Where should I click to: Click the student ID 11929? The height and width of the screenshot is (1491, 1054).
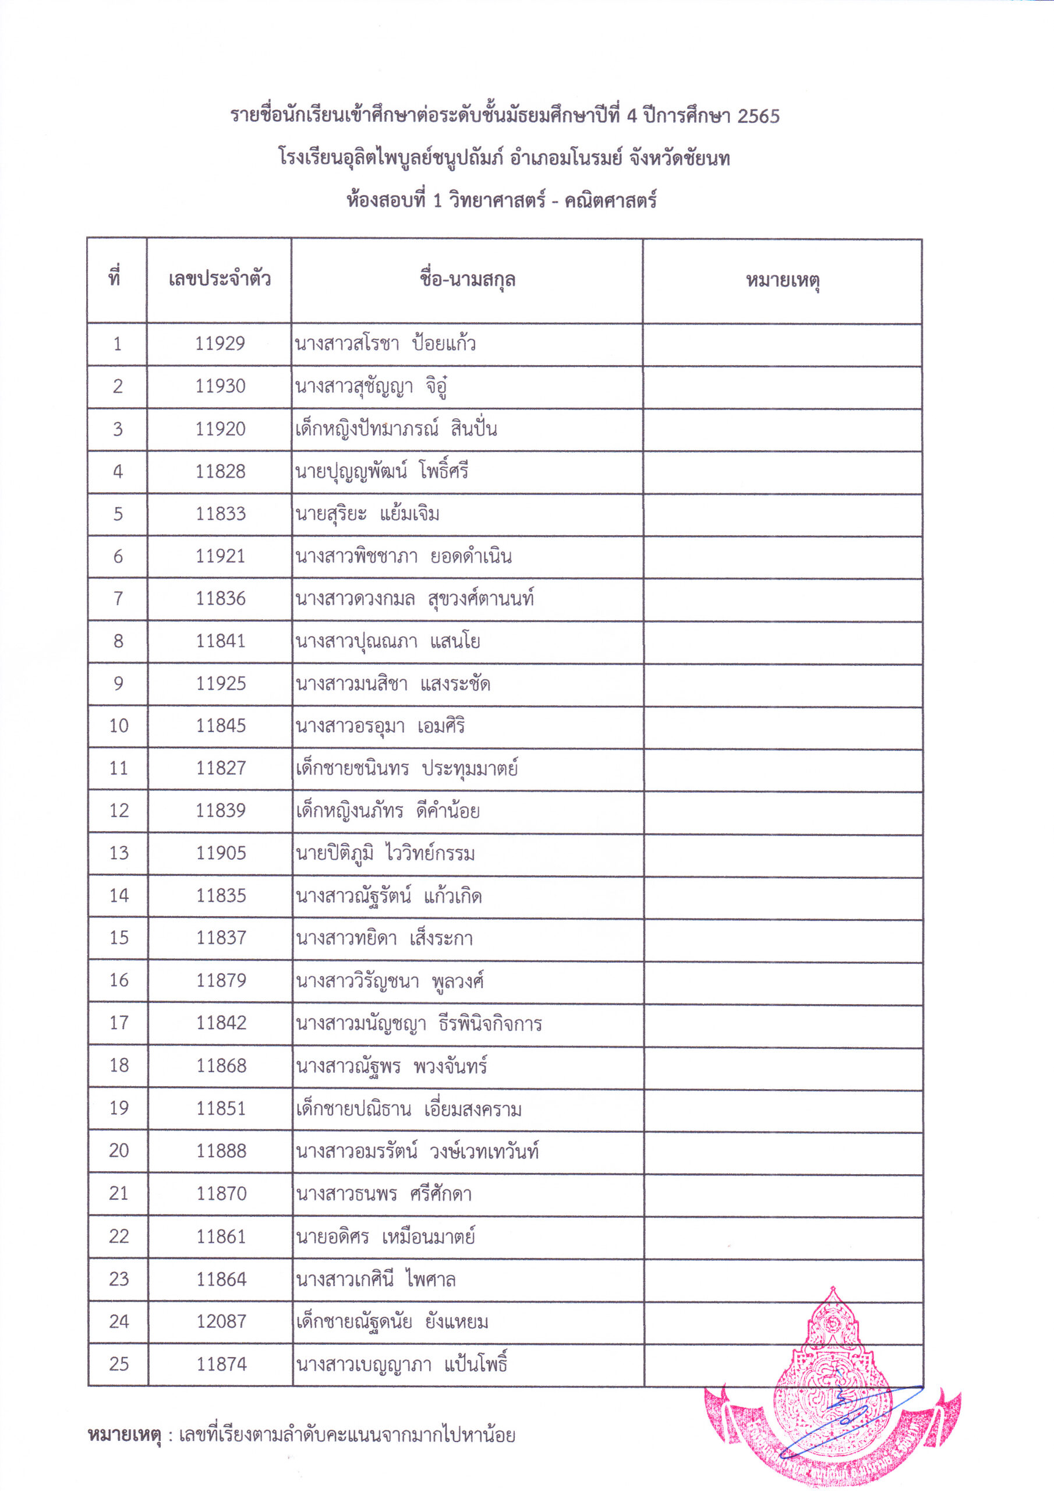[220, 344]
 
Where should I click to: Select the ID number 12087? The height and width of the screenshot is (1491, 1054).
[221, 1322]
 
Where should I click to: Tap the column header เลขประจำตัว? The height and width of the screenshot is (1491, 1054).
[220, 280]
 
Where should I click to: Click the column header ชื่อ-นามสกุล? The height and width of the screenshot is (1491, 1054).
[467, 280]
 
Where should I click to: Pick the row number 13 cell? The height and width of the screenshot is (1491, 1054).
[118, 853]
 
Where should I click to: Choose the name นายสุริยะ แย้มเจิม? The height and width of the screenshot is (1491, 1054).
[367, 514]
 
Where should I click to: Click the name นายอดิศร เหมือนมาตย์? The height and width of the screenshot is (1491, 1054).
[385, 1236]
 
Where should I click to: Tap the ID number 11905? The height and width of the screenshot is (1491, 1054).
[221, 853]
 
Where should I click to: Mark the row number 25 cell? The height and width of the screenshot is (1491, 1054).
[118, 1363]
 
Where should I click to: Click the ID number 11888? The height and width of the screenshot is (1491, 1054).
[221, 1151]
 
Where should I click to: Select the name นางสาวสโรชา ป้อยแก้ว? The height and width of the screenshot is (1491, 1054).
[385, 344]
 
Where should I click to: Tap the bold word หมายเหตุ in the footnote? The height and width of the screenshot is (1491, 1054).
[124, 1435]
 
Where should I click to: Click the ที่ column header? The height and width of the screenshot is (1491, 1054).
[115, 278]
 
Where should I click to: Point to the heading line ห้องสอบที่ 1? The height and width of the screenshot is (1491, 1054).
[501, 199]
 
